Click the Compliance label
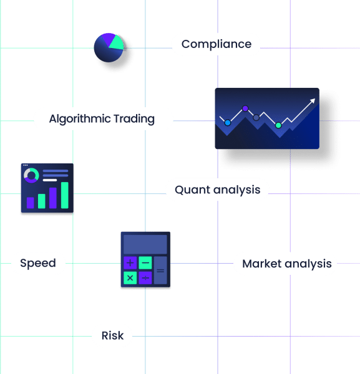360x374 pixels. (216, 44)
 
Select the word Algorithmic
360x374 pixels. (80, 119)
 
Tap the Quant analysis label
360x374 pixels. (218, 190)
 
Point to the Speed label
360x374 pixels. (38, 264)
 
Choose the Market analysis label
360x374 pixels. (287, 264)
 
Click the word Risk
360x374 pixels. (113, 335)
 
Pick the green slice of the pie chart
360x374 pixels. (117, 43)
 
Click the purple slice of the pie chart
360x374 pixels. (107, 39)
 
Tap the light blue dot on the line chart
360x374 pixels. (228, 123)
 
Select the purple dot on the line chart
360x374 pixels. (245, 108)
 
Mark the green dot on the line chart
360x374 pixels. (278, 125)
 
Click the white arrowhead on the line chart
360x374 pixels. (313, 101)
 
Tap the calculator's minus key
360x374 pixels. (145, 263)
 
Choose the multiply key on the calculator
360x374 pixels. (130, 278)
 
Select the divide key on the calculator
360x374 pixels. (145, 278)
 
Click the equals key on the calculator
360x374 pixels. (160, 271)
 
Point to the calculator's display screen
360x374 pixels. (145, 244)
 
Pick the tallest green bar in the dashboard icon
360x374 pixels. (65, 195)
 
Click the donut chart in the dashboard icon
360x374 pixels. (31, 175)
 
